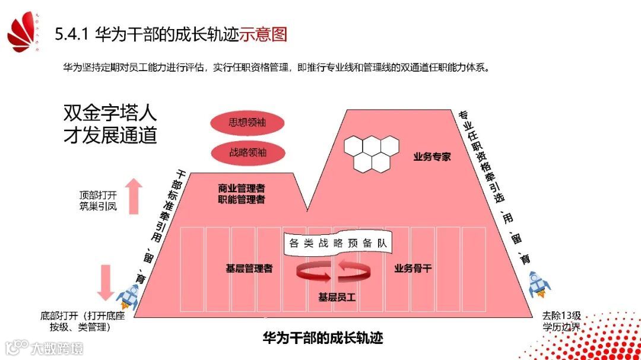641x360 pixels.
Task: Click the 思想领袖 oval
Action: tap(247, 124)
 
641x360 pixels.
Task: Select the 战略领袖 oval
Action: tap(247, 152)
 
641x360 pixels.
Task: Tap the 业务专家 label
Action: tap(432, 157)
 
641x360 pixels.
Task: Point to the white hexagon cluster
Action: tap(372, 153)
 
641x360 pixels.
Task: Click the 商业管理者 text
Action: tap(241, 188)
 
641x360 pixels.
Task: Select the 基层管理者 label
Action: tap(249, 268)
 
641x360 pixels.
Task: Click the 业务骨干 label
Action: tap(413, 268)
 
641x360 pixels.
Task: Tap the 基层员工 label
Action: tap(337, 297)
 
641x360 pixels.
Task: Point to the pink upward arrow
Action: tap(134, 196)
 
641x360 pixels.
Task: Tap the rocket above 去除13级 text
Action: tap(539, 285)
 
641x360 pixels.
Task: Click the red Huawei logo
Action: tap(24, 33)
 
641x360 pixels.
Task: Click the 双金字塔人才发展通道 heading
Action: tap(110, 124)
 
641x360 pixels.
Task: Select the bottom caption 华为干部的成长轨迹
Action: tap(323, 339)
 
